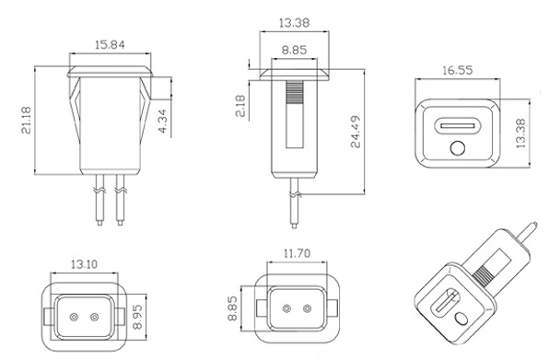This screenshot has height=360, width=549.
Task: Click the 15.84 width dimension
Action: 110,45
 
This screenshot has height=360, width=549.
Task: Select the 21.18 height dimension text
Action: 27,120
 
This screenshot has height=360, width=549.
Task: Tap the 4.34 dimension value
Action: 164,121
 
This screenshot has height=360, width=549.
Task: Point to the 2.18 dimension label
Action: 240,106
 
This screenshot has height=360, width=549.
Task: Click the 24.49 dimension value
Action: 356,132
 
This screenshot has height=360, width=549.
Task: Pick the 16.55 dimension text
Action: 457,70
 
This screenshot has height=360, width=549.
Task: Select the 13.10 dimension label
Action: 84,264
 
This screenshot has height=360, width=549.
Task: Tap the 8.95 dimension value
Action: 137,317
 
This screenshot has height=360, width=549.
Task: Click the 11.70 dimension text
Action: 297,253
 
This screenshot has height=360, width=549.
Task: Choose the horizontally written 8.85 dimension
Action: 294,50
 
